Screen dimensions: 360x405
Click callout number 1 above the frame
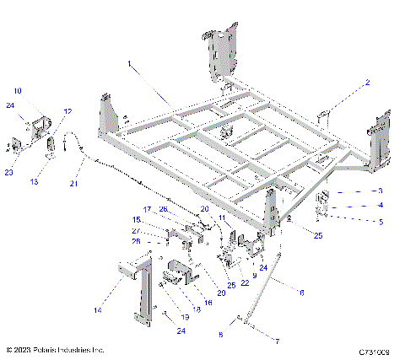point(130,63)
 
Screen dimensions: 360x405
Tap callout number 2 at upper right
point(367,83)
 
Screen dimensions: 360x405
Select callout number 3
point(381,191)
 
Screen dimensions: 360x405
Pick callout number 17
point(145,209)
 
